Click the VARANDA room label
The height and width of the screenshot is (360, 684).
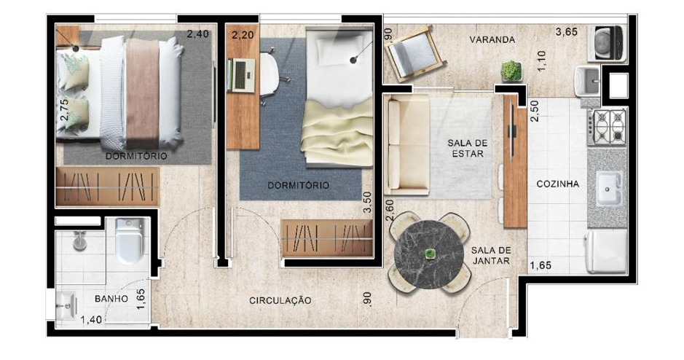492,39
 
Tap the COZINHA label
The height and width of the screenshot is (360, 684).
557,184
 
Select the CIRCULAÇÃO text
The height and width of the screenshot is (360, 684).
280,301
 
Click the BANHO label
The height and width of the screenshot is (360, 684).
111,299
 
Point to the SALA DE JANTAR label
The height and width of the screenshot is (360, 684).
491,255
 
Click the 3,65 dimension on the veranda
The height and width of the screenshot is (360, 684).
566,32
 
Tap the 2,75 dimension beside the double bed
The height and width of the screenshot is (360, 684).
65,109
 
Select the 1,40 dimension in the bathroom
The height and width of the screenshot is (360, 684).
91,320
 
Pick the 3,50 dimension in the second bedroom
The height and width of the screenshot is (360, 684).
368,203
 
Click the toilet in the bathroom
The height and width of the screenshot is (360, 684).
129,240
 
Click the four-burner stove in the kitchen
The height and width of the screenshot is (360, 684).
607,127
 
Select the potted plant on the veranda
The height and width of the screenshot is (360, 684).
511,71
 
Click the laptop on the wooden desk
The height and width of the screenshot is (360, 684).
241,76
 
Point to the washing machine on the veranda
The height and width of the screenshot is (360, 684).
607,43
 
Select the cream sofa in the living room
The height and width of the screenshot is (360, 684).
407,144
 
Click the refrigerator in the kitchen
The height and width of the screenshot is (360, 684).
606,251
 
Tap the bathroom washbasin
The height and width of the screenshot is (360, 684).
66,304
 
